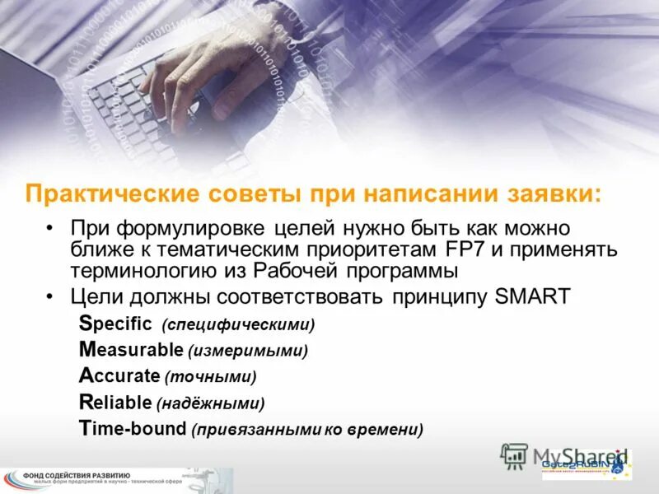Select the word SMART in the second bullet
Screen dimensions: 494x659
click(534, 296)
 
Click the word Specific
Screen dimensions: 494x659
click(116, 324)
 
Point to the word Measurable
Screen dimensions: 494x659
click(130, 350)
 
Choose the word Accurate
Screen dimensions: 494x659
click(119, 376)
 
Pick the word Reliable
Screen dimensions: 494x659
click(115, 403)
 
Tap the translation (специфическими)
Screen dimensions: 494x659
click(239, 324)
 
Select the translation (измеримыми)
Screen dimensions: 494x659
click(248, 351)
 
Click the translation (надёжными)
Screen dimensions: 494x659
click(213, 403)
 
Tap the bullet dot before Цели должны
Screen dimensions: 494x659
click(51, 297)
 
